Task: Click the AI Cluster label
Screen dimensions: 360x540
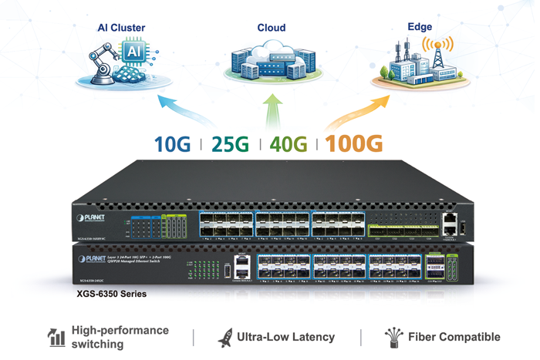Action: [121, 28]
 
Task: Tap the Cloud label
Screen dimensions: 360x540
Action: [271, 28]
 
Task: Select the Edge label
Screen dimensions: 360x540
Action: [420, 27]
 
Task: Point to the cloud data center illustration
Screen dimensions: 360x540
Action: [269, 61]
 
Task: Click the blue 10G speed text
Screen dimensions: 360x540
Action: [172, 144]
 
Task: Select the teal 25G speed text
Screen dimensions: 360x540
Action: [230, 144]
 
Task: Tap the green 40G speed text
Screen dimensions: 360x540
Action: [289, 144]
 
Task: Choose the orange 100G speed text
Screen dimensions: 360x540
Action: [353, 144]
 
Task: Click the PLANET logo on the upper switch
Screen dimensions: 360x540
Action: [91, 219]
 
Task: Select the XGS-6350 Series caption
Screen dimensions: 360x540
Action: [112, 294]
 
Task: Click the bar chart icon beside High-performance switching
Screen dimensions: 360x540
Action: [56, 337]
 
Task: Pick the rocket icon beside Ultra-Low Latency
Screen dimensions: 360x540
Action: [224, 337]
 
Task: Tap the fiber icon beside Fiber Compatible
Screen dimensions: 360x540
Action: [393, 337]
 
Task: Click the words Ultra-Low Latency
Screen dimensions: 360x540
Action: [285, 337]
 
